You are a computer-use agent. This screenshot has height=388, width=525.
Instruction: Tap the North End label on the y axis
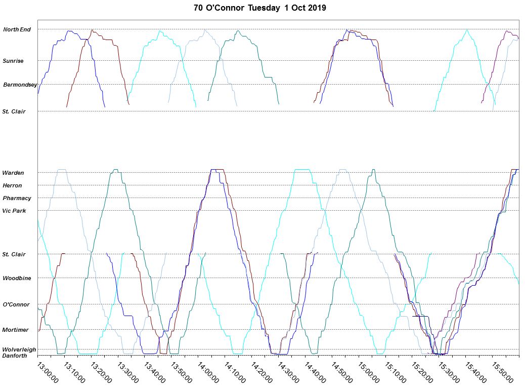pyautogui.click(x=17, y=29)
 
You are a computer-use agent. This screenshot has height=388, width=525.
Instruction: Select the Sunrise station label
pyautogui.click(x=13, y=61)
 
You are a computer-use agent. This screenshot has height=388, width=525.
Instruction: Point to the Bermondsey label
pyautogui.click(x=20, y=85)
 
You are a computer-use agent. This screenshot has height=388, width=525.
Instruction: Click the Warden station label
pyautogui.click(x=13, y=173)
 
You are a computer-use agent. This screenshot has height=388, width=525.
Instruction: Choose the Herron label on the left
pyautogui.click(x=12, y=185)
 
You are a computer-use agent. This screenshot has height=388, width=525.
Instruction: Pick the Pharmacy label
pyautogui.click(x=17, y=198)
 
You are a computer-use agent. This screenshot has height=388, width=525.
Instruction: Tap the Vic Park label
pyautogui.click(x=14, y=211)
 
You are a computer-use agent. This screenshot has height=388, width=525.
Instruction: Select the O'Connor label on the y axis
pyautogui.click(x=16, y=304)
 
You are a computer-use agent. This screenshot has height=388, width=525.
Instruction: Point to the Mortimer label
pyautogui.click(x=15, y=330)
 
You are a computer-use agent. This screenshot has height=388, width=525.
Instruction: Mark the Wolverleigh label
pyautogui.click(x=19, y=350)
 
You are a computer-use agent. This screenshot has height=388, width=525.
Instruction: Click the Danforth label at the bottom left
pyautogui.click(x=15, y=356)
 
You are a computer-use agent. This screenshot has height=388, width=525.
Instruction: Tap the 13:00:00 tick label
pyautogui.click(x=48, y=372)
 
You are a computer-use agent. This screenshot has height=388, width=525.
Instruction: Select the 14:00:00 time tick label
pyautogui.click(x=208, y=372)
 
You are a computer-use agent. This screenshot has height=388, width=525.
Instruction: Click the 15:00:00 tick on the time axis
pyautogui.click(x=369, y=372)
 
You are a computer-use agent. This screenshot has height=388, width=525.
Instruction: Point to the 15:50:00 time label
pyautogui.click(x=503, y=372)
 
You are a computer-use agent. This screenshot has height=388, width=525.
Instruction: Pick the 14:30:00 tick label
pyautogui.click(x=289, y=372)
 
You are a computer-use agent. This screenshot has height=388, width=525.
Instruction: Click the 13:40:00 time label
pyautogui.click(x=155, y=372)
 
